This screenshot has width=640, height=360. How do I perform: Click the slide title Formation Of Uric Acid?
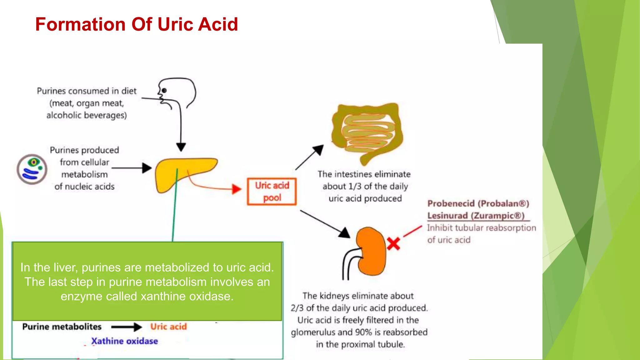tap(137, 24)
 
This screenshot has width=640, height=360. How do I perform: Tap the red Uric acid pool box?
tap(272, 192)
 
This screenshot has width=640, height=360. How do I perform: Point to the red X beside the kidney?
tap(393, 244)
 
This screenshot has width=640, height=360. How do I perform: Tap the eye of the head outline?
tap(164, 91)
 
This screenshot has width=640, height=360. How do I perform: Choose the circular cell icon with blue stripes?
tap(32, 169)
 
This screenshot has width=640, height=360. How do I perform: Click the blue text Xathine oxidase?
tap(124, 341)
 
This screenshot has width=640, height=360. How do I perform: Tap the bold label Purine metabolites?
tap(62, 327)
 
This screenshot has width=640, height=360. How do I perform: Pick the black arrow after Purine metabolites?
tap(127, 327)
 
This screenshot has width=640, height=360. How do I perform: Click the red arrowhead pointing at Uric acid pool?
tap(237, 189)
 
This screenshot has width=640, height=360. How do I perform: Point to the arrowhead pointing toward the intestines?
tap(318, 150)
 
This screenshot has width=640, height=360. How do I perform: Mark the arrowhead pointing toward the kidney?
tap(345, 233)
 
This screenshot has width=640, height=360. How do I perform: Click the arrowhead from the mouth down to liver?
tap(181, 147)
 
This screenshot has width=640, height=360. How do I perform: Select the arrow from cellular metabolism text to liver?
tap(131, 168)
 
